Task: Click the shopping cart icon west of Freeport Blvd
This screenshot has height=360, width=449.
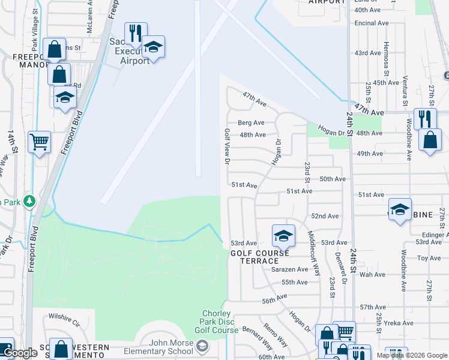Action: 39,143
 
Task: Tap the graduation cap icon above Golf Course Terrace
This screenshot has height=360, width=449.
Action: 283,235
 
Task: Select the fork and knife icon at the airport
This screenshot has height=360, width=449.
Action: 136,33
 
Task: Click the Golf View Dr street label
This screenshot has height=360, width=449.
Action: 227,146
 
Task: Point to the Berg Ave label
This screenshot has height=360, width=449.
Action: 251,122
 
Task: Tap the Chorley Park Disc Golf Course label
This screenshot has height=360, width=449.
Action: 217,322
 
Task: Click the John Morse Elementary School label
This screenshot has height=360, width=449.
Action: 159,351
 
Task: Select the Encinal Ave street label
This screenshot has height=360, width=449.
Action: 371,23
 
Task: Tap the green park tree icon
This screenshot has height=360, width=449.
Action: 29,202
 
